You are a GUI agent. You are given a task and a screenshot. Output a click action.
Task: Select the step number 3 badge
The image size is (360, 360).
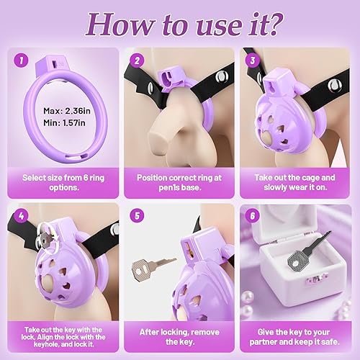(x=253, y=60)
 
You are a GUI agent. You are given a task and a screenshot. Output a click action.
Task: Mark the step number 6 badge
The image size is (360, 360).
(x=253, y=215)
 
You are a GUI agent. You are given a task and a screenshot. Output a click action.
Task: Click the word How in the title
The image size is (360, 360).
(x=114, y=24)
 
